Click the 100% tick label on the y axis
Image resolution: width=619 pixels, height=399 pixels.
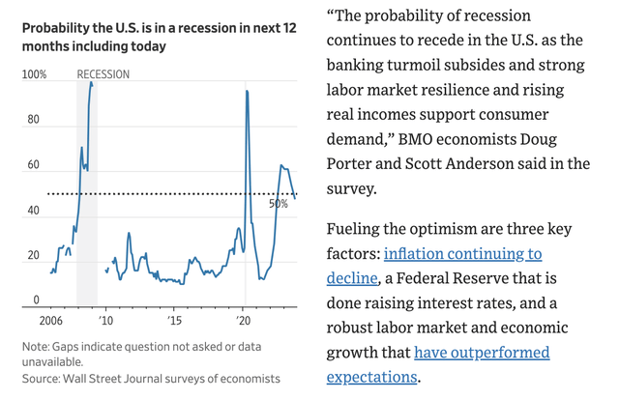pyautogui.click(x=35, y=74)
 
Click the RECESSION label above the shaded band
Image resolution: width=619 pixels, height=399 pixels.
pyautogui.click(x=104, y=74)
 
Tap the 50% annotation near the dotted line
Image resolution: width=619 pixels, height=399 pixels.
pyautogui.click(x=279, y=205)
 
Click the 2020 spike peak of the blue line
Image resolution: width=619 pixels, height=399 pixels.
pyautogui.click(x=248, y=91)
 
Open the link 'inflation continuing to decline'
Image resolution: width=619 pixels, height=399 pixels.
pyautogui.click(x=462, y=266)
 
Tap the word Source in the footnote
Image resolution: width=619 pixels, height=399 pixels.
pyautogui.click(x=42, y=378)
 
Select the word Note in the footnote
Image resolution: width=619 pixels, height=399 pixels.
pyautogui.click(x=37, y=346)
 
